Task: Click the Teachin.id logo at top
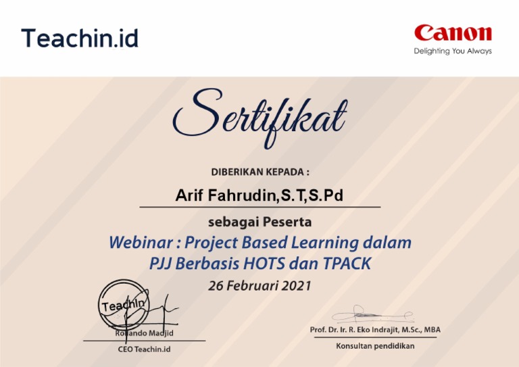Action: pyautogui.click(x=79, y=38)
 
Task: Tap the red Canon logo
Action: pyautogui.click(x=453, y=32)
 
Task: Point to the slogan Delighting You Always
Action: pyautogui.click(x=453, y=51)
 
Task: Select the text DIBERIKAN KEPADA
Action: pyautogui.click(x=259, y=172)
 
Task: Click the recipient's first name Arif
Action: pyautogui.click(x=190, y=196)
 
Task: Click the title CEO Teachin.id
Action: pyautogui.click(x=144, y=349)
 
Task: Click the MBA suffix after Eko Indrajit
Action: pyautogui.click(x=429, y=330)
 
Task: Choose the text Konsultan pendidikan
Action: pyautogui.click(x=375, y=346)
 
